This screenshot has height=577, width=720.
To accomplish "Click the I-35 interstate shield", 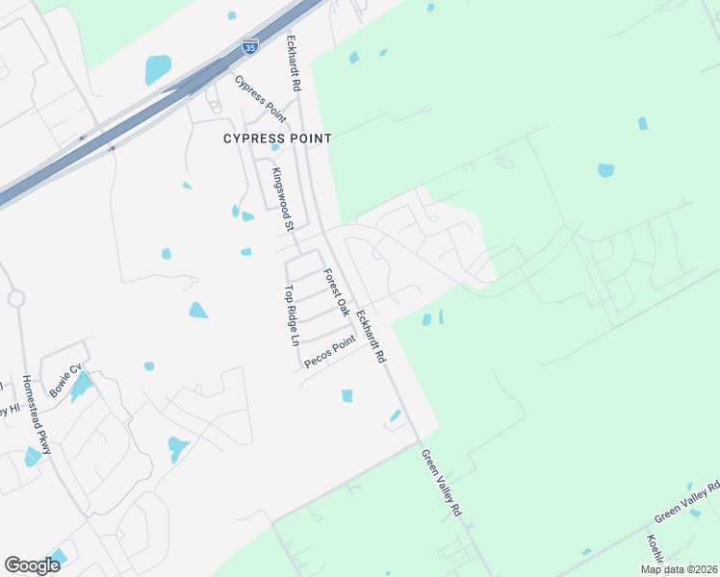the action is coord(250,44).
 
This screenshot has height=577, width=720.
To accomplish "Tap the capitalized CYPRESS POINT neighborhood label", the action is coord(277,138).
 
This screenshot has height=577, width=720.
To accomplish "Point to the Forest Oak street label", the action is coord(336,291).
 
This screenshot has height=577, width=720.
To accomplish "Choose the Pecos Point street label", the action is coord(330,351).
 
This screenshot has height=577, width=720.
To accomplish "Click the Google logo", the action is coord(32,564).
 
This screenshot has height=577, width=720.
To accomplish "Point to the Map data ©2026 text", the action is coord(679,569).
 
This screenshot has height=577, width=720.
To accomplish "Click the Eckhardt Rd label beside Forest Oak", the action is coord(371,336).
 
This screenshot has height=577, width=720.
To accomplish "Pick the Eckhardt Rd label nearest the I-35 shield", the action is coord(293,65).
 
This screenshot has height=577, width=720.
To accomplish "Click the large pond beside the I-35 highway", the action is coord(158,69).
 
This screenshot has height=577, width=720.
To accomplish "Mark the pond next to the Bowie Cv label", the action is coord(82,386).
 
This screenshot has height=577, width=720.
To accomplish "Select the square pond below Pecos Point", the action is coord(347,395).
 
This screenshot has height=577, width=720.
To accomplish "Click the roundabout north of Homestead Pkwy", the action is coord(16,298).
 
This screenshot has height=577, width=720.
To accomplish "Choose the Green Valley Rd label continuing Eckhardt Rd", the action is coord(441,483).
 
